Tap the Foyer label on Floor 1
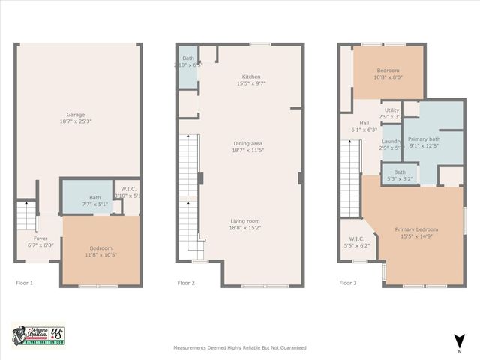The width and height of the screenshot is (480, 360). pyautogui.click(x=40, y=241)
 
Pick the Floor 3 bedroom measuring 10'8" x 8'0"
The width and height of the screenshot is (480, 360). pyautogui.click(x=388, y=73)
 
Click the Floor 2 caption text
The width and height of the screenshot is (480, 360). pyautogui.click(x=185, y=283)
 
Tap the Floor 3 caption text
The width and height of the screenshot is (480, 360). pyautogui.click(x=347, y=283)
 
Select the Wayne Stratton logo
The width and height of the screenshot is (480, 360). pyautogui.click(x=39, y=335)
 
